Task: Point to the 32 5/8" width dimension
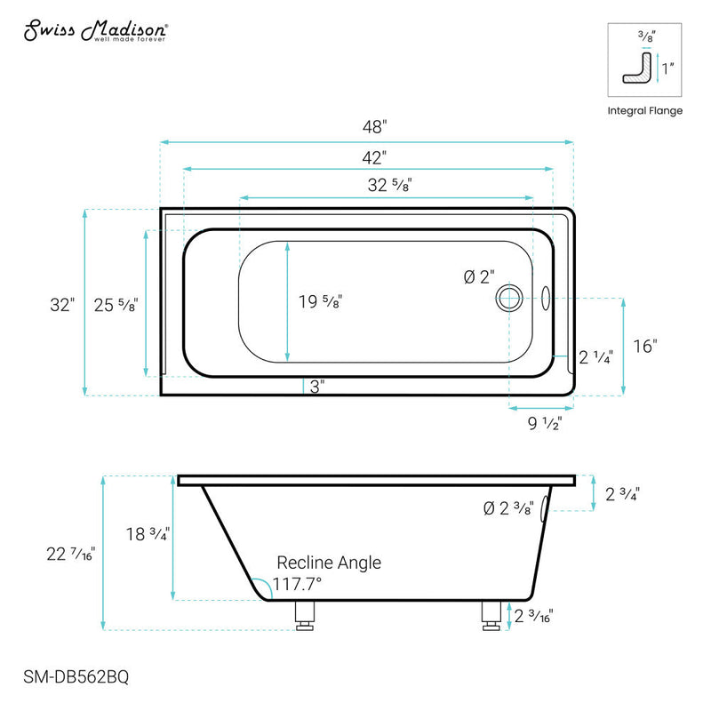coord(387,185)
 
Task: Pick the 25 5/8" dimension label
coord(116,304)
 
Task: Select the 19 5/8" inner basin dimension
coord(320,302)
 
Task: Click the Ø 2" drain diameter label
coord(478,277)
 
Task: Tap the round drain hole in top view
coord(510,298)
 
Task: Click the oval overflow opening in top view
coord(546,298)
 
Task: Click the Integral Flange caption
coord(645,111)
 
